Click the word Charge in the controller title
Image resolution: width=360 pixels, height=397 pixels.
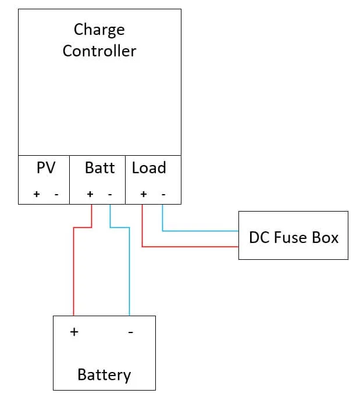coord(99,30)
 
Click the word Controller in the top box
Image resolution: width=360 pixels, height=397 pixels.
coord(99,51)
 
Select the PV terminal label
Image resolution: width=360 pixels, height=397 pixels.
coord(45,168)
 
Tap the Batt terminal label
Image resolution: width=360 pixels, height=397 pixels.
coord(99,168)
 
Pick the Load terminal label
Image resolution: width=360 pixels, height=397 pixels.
coord(149,168)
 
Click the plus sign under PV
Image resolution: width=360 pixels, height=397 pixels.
coord(36,194)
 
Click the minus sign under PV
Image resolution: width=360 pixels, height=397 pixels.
coord(56,194)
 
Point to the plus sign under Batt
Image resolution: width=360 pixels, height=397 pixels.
coord(90,194)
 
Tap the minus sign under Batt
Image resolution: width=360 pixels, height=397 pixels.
coord(110,194)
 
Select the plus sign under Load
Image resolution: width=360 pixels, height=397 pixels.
coord(143,194)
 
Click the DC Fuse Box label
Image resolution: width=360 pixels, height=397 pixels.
coord(293,237)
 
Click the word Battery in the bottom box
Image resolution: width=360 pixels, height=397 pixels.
coord(104,375)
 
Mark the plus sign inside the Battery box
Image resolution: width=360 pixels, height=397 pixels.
coord(74,332)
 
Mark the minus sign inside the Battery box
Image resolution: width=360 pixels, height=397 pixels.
coord(130,332)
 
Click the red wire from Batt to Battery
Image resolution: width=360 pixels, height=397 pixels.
coord(74,273)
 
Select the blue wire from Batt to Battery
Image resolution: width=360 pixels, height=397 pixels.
coord(129,273)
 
